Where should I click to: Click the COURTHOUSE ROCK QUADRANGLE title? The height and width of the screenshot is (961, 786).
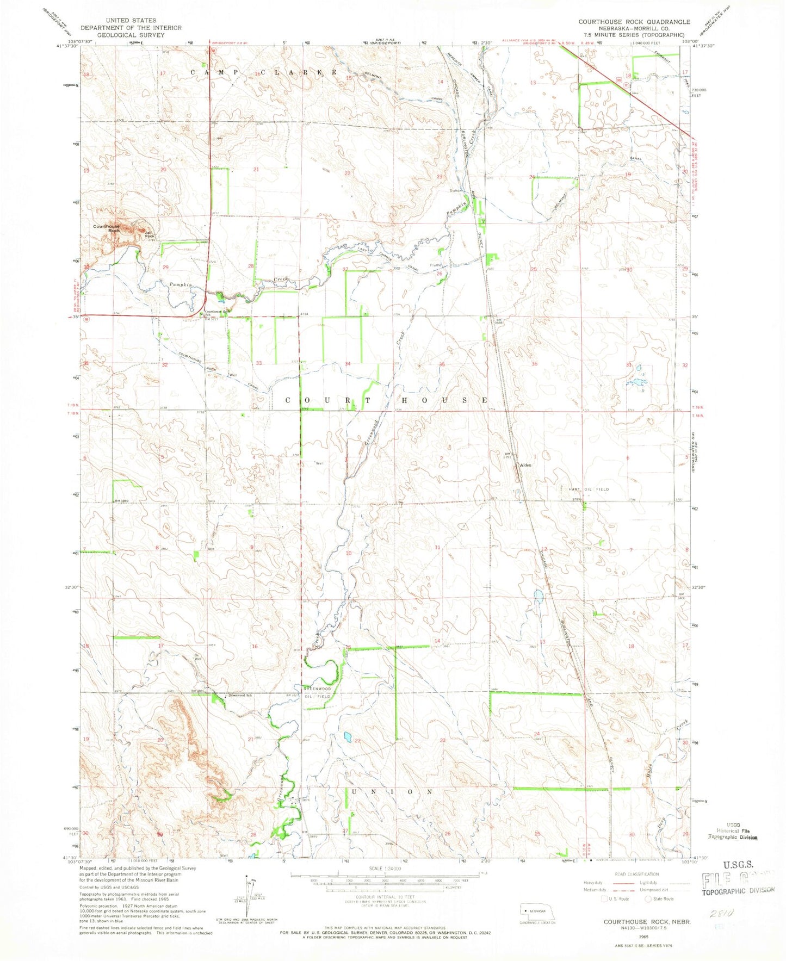click(634, 22)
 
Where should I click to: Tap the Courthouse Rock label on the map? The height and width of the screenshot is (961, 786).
click(106, 228)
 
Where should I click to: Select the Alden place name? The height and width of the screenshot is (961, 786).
click(525, 466)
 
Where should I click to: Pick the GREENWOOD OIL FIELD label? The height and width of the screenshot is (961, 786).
click(317, 692)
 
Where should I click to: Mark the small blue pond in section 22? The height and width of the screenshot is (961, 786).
click(346, 737)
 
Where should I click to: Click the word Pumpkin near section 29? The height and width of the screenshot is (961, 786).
click(179, 284)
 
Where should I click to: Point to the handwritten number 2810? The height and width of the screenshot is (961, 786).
click(727, 914)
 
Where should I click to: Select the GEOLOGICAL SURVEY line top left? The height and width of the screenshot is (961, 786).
click(131, 34)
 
